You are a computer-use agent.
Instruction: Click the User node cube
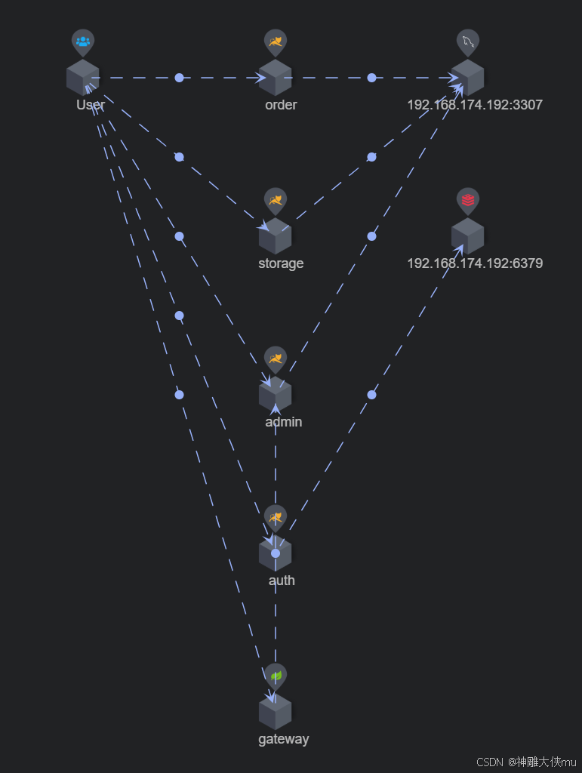82,77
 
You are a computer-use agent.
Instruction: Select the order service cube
275,77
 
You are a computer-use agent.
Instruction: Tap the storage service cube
275,236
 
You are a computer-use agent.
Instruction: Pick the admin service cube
275,394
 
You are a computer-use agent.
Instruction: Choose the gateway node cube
275,711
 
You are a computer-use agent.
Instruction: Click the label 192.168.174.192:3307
474,105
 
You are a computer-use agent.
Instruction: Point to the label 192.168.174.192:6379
474,263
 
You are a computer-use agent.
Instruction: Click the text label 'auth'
282,581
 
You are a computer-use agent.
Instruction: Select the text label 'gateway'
283,739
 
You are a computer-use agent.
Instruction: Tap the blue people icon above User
83,42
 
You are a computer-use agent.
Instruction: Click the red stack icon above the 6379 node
468,200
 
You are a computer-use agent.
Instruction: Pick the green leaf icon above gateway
276,676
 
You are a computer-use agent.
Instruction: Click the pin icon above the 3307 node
468,42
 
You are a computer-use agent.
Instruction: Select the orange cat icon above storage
276,200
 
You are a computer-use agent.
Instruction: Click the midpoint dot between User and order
179,78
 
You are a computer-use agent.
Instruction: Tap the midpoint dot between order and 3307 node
371,78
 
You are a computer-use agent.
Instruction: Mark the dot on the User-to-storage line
179,157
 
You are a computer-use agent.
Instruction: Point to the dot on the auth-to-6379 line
371,395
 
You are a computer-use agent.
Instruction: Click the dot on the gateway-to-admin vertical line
276,553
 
